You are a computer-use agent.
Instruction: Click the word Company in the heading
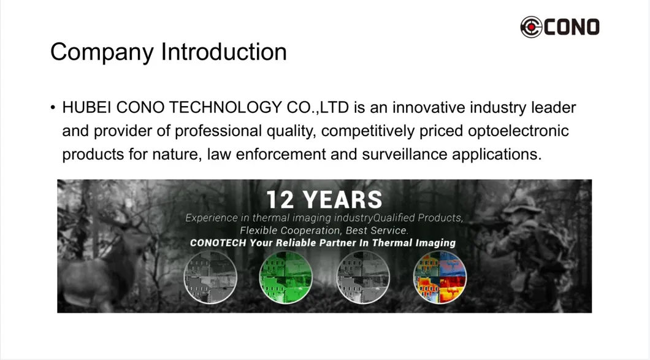(x=102, y=53)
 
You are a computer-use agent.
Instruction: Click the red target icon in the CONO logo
(x=531, y=27)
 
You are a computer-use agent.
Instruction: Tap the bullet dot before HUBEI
(x=53, y=109)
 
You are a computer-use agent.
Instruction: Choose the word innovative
(x=427, y=108)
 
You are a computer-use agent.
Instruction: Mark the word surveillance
(x=399, y=153)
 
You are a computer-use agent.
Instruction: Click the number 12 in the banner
(x=280, y=200)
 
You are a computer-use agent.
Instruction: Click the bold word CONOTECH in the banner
(x=218, y=243)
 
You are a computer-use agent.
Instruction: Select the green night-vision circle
(x=285, y=278)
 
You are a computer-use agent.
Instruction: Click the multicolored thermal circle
(x=440, y=278)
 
